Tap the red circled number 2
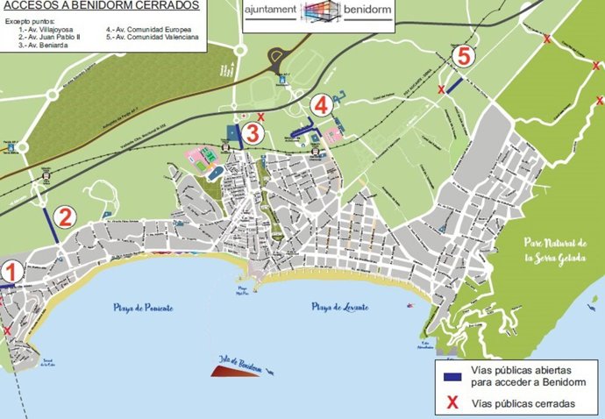tap(63, 217)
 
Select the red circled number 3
tap(252, 134)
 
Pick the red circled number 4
tap(322, 104)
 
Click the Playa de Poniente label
tap(143, 308)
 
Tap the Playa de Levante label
tap(339, 307)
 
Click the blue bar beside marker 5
tap(453, 85)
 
